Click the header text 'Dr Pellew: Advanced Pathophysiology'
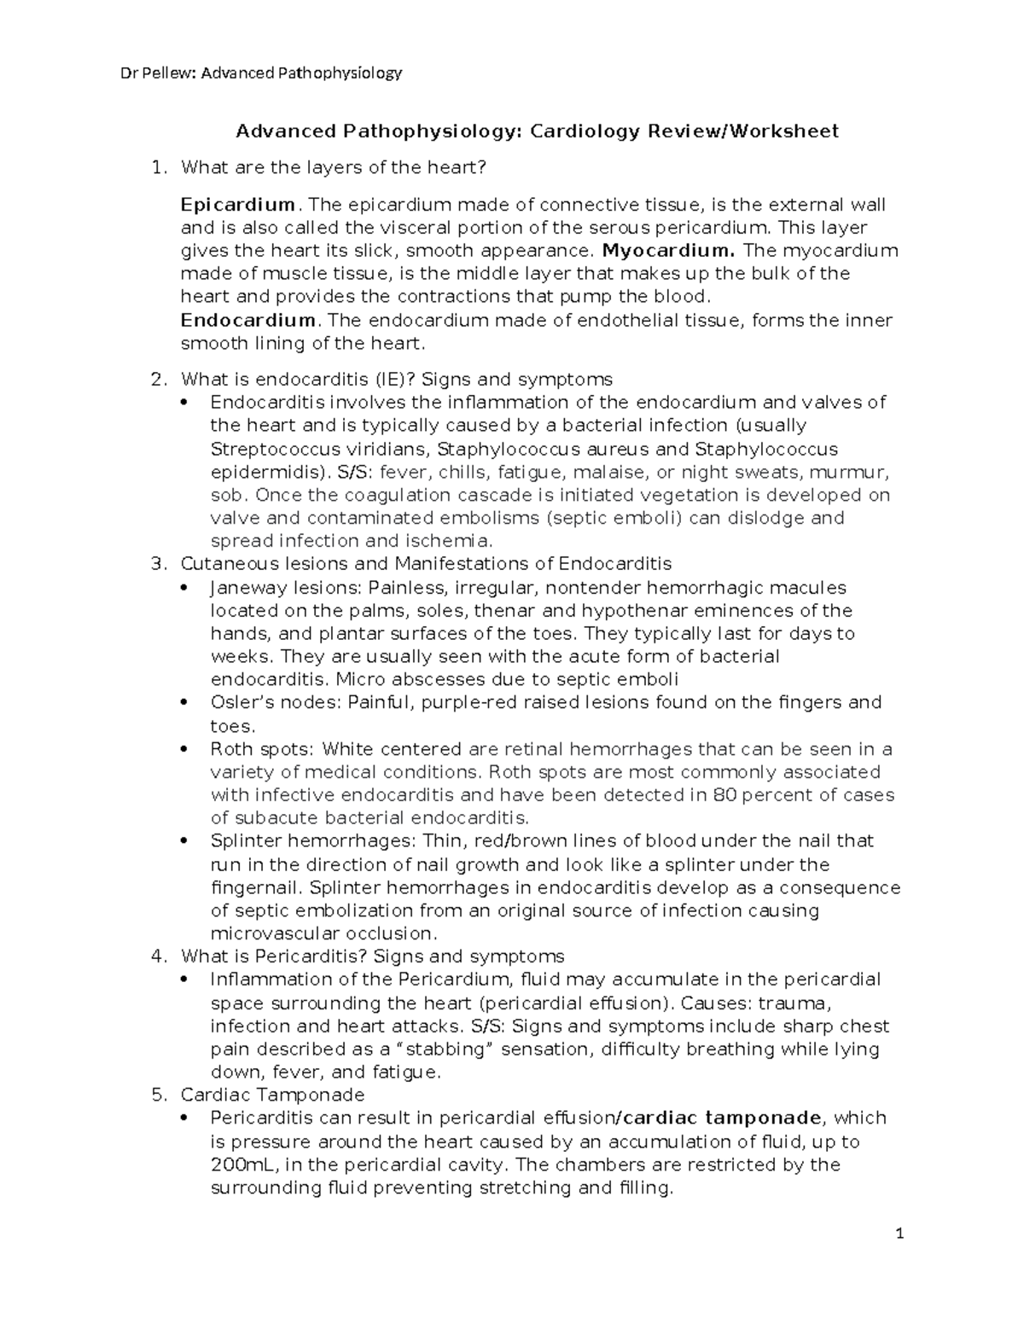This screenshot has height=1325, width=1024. click(260, 73)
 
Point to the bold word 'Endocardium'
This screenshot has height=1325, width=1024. click(247, 321)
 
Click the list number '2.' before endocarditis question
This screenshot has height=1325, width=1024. click(157, 379)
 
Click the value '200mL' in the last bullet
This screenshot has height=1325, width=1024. click(239, 1165)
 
